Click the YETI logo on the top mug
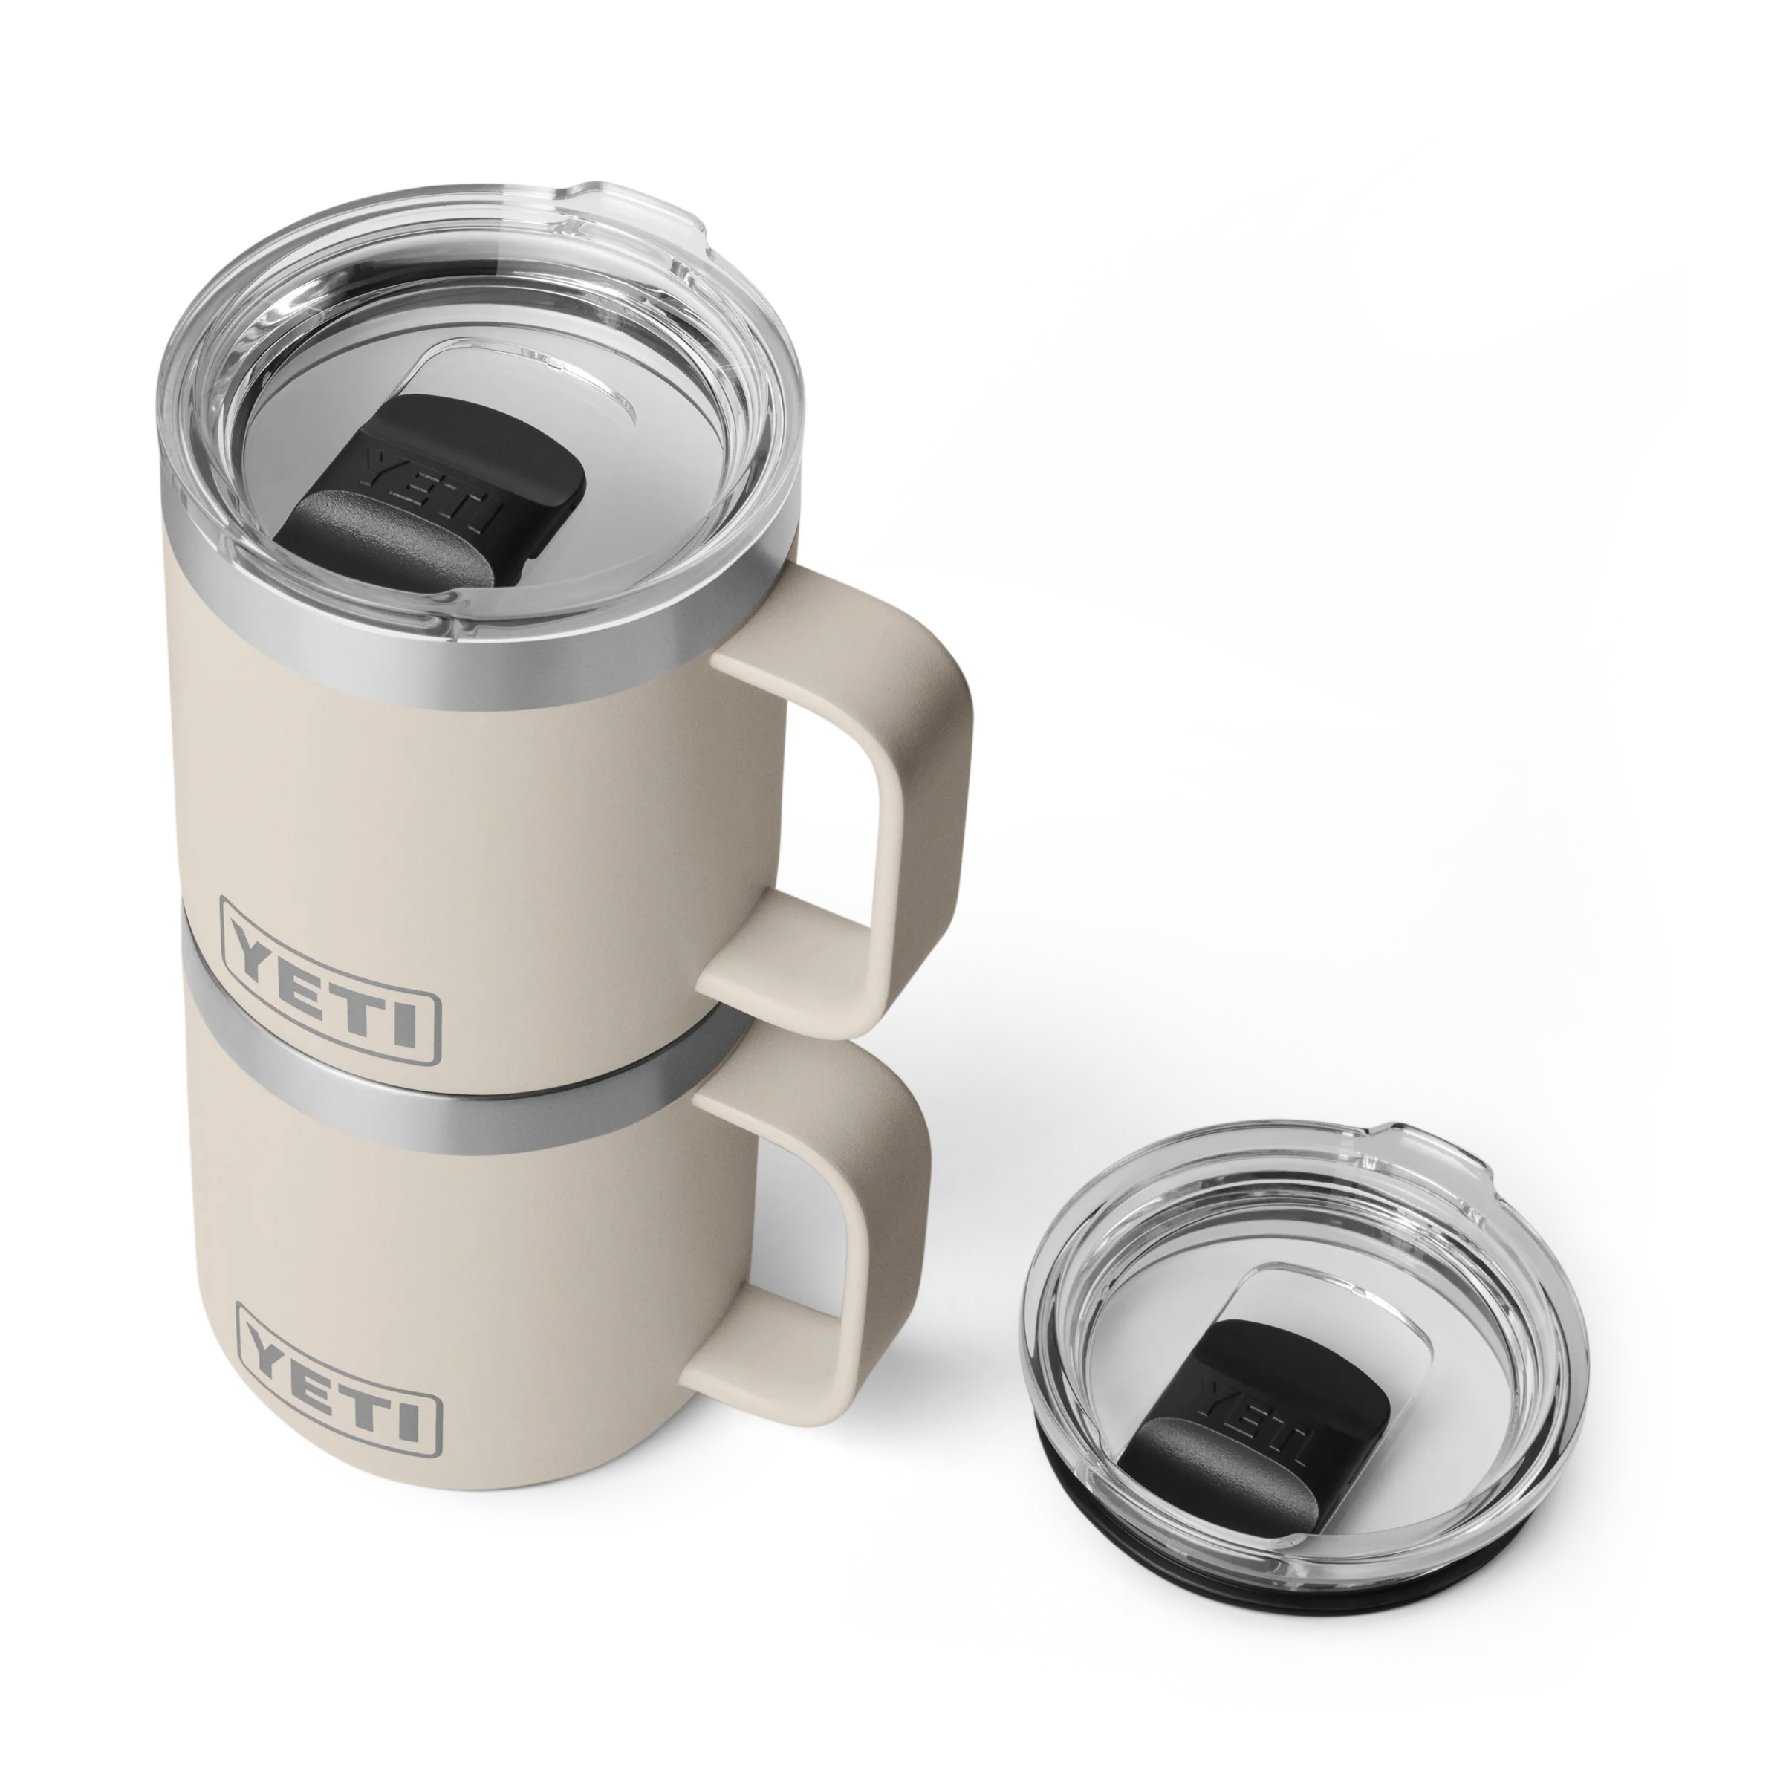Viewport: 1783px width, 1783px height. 329,980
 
